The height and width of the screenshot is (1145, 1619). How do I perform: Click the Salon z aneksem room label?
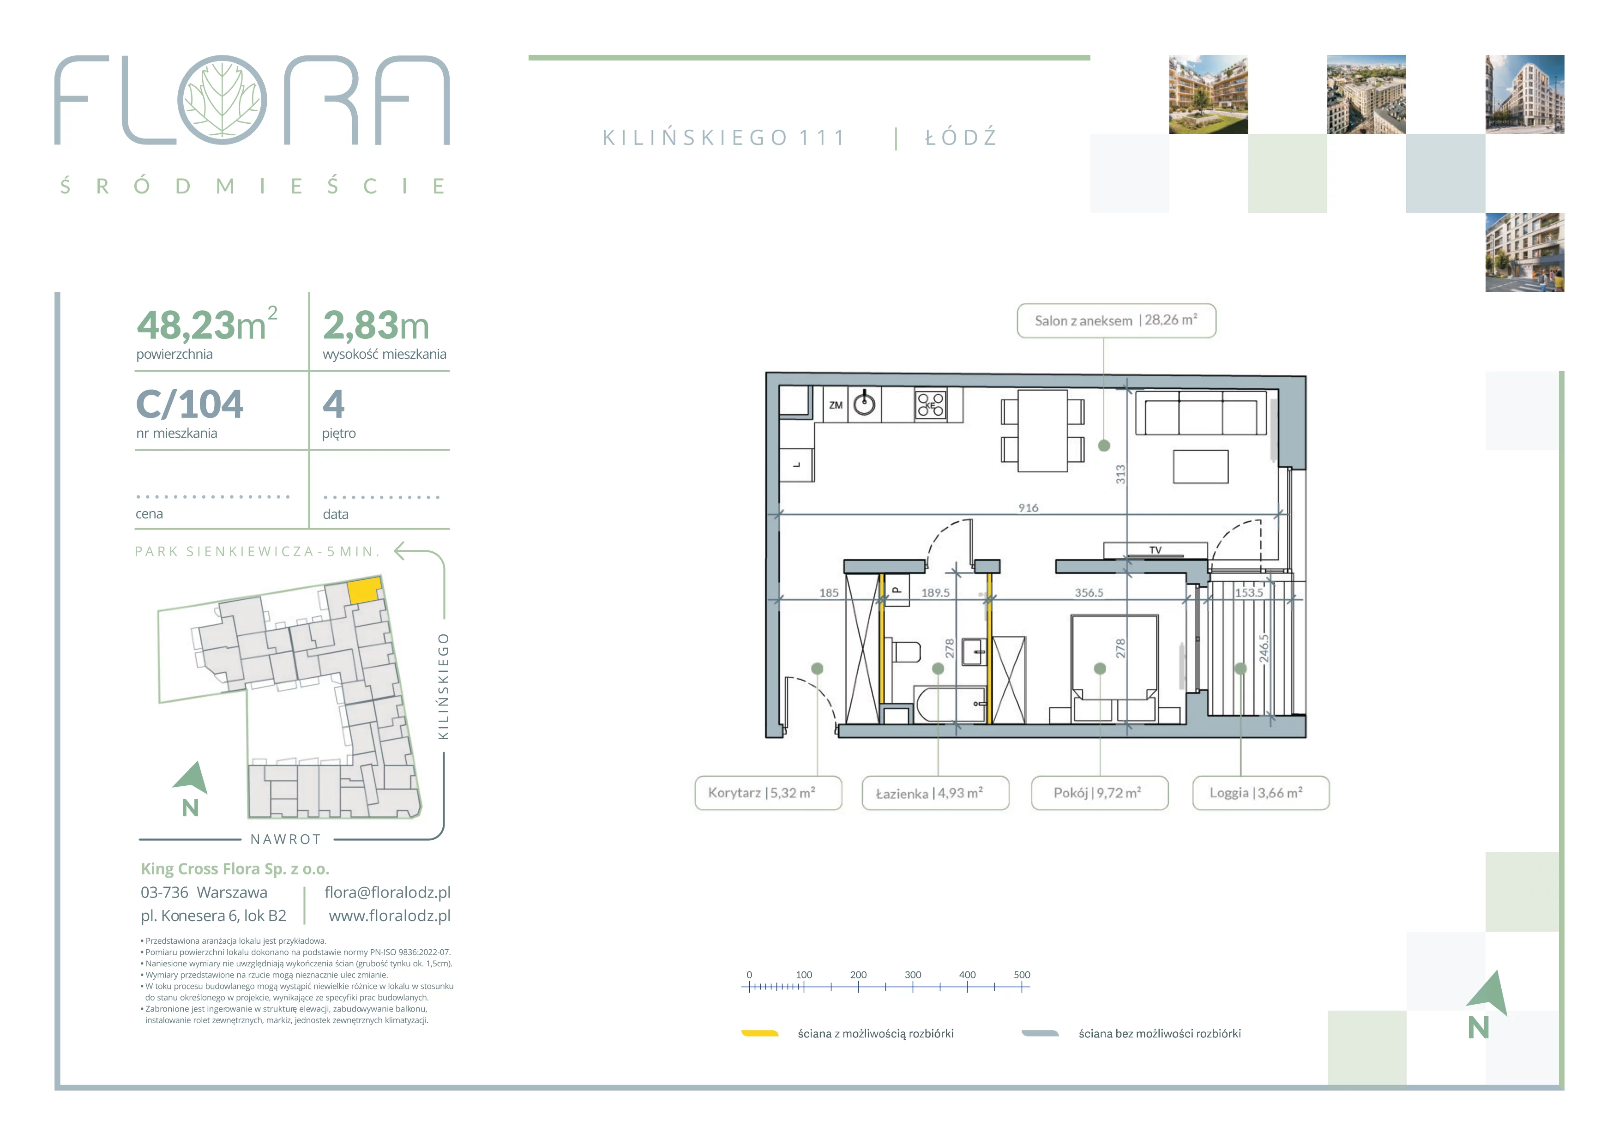(x=1116, y=321)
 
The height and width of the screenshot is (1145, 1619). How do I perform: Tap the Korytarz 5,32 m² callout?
(x=768, y=793)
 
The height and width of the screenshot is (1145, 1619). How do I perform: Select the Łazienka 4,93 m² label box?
(x=935, y=793)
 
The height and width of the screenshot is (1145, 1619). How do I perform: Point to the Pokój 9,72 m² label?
(x=1099, y=793)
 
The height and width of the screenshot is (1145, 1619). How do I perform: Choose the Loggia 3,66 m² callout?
(x=1260, y=793)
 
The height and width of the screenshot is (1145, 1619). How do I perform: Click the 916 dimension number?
(x=1028, y=508)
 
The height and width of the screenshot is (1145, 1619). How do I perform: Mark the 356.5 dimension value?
(x=1089, y=593)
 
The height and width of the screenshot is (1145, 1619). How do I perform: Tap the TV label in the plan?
(x=1155, y=550)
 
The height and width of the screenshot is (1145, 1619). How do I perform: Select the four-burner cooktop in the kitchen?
(x=931, y=405)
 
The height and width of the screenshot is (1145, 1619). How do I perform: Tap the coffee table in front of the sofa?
(x=1201, y=467)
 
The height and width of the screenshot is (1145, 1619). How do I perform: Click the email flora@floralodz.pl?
(x=387, y=892)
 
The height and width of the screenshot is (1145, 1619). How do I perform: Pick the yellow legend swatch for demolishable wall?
(x=759, y=1034)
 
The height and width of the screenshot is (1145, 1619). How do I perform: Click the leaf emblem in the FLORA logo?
(x=222, y=100)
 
